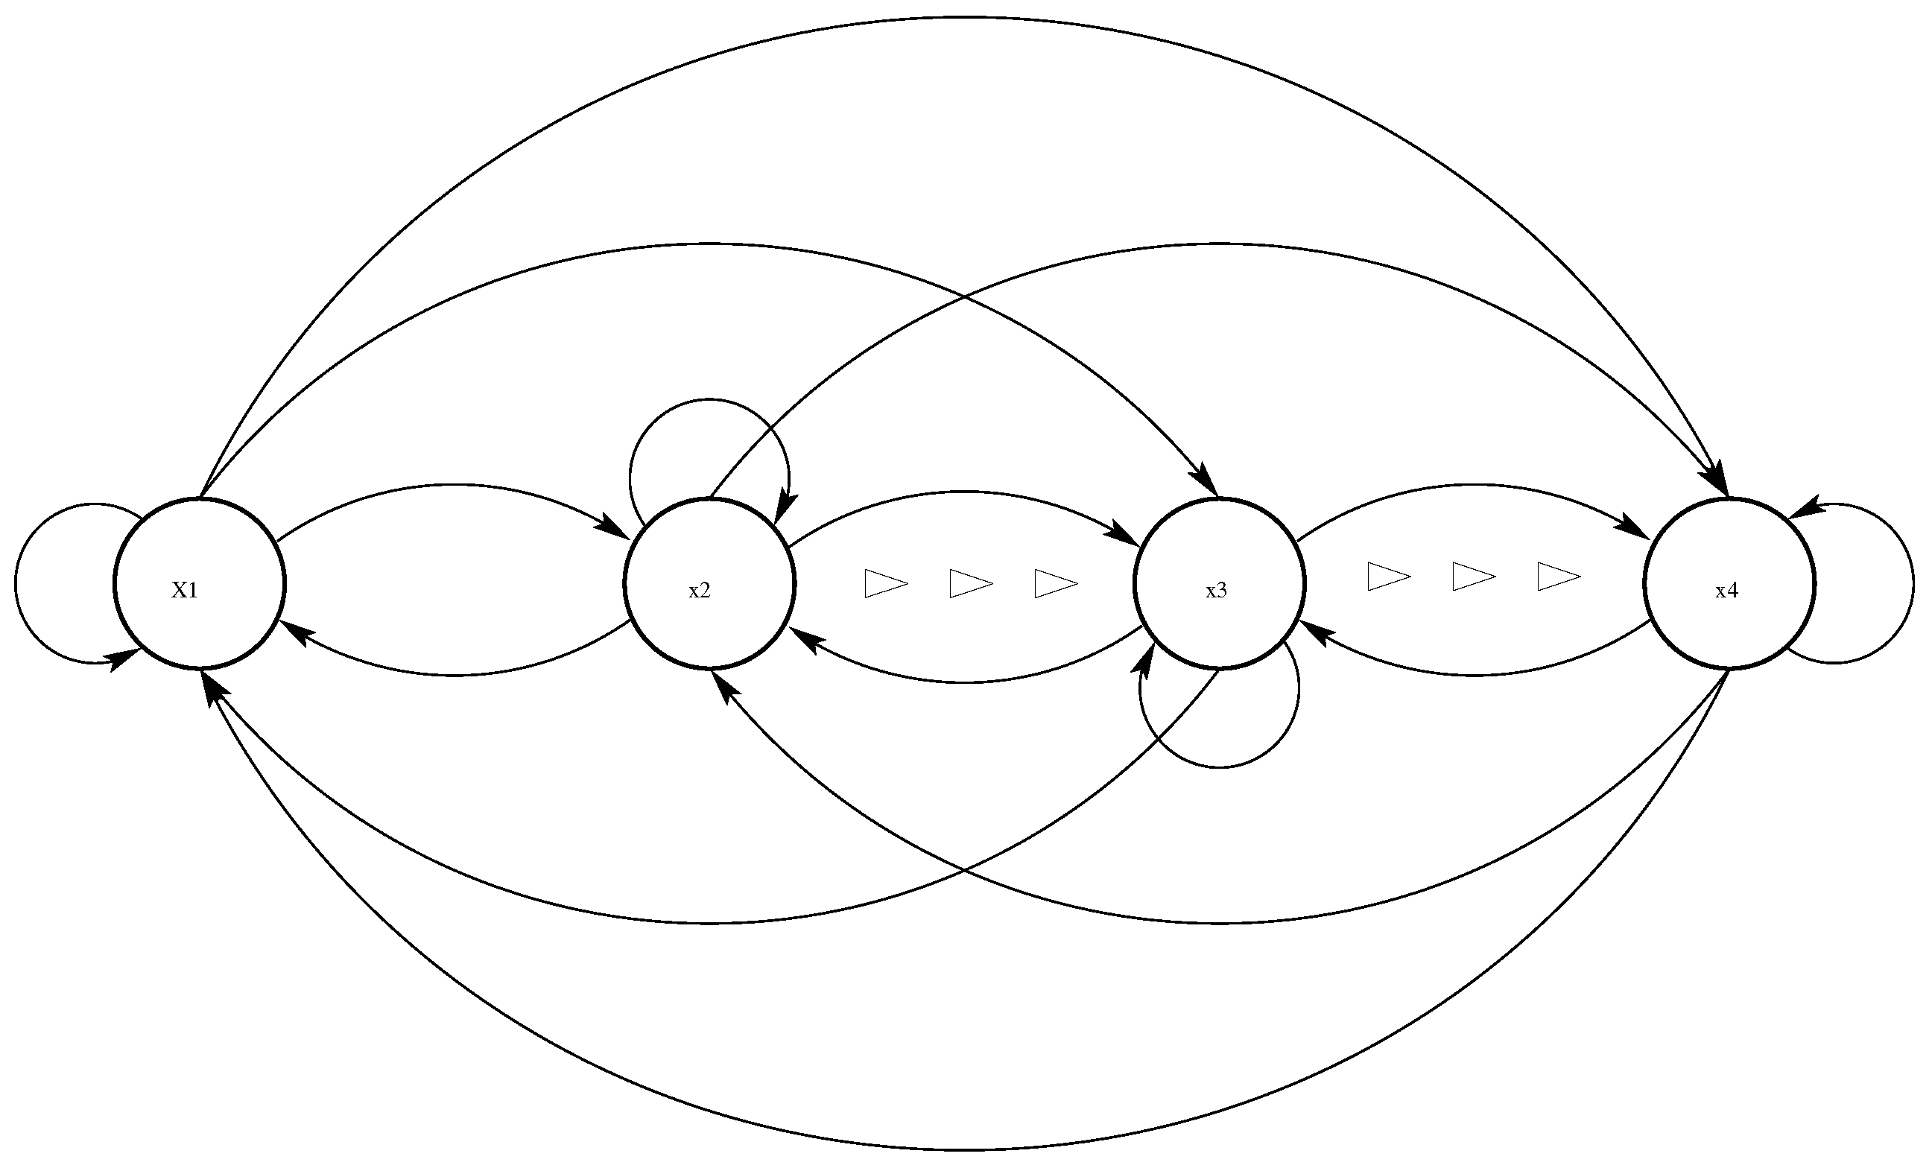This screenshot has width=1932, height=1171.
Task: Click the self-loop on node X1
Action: point(17,584)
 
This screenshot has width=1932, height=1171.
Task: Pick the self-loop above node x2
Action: point(709,401)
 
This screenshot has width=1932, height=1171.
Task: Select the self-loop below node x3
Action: point(1220,766)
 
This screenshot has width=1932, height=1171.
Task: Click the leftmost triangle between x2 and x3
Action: point(884,584)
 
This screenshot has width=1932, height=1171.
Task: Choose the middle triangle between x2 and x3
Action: point(969,584)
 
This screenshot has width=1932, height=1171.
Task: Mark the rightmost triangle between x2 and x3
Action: point(1054,584)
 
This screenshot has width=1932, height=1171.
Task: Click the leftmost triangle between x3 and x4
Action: point(1387,576)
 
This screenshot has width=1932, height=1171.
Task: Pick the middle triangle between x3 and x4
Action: point(1472,576)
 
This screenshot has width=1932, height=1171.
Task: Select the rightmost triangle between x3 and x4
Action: point(1556,576)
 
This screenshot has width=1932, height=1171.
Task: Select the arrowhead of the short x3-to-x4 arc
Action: point(1635,530)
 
